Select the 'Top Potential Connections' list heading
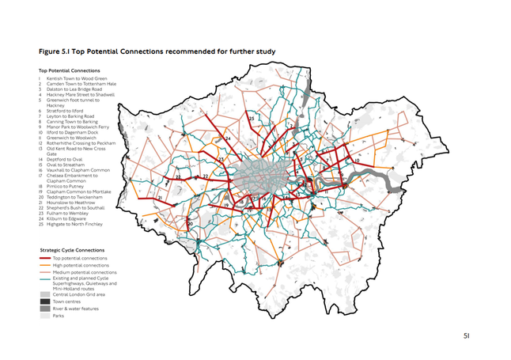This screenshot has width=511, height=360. click(68, 70)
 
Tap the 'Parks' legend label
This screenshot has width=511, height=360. click(58, 315)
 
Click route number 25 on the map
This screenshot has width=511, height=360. click(252, 119)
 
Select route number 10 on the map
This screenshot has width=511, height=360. click(358, 161)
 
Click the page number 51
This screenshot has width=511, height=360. click(466, 336)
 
